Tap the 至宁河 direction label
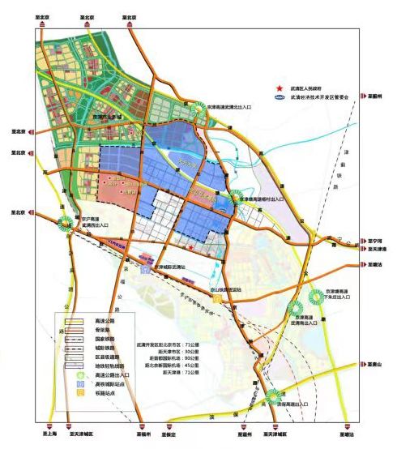[x=374, y=241]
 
